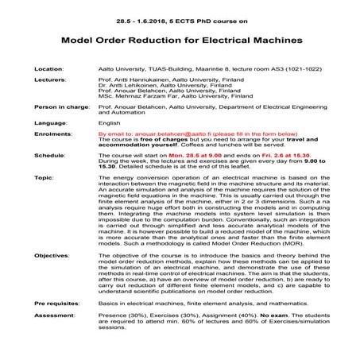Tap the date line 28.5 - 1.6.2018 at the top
click(180, 10)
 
